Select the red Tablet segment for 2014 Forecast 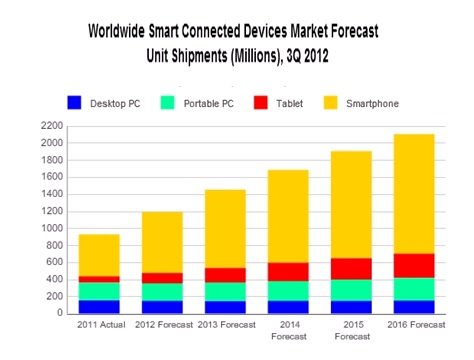click(x=288, y=271)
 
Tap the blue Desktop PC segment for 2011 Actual click(x=100, y=306)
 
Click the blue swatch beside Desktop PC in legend click(x=73, y=102)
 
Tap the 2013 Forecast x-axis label click(x=226, y=324)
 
